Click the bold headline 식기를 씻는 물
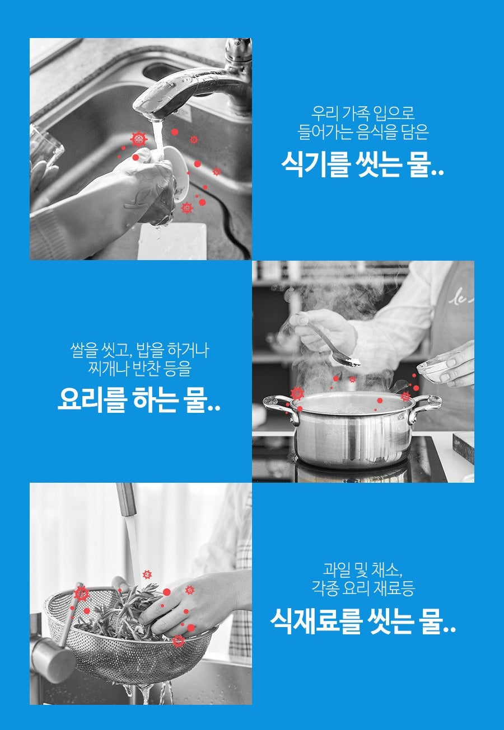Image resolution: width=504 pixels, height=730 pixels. click(362, 166)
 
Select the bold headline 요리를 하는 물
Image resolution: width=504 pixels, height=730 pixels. click(139, 401)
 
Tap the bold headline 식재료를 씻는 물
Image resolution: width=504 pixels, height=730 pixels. click(362, 621)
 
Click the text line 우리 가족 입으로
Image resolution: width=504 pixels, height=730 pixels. click(363, 114)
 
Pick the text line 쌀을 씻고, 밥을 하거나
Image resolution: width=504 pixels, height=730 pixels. click(139, 351)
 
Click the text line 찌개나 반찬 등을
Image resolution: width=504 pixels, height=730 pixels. click(139, 369)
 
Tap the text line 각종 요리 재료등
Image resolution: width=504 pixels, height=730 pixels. click(362, 588)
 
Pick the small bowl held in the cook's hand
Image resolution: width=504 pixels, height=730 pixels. click(436, 369)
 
